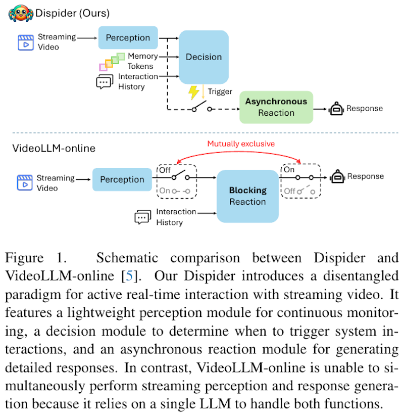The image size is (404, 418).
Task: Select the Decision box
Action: (x=204, y=57)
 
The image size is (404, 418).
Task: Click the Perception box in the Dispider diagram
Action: (x=128, y=38)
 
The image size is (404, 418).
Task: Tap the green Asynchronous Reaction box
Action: (x=276, y=107)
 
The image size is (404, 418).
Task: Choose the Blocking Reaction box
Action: (x=247, y=196)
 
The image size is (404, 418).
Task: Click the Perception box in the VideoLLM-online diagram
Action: (x=122, y=179)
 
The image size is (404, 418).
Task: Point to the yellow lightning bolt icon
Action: (x=193, y=92)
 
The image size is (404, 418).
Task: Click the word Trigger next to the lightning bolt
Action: (x=220, y=91)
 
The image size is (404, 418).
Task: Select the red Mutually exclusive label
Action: (x=241, y=144)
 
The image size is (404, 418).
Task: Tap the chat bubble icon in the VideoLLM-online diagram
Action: (x=142, y=217)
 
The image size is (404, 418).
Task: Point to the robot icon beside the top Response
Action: (x=335, y=108)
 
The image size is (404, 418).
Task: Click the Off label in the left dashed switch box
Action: (x=165, y=170)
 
